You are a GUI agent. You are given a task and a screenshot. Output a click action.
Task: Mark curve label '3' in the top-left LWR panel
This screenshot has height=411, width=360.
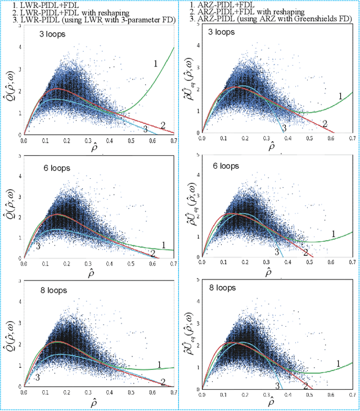[x=145, y=129]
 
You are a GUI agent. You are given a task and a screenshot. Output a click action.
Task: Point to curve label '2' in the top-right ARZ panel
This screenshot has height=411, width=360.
[x=324, y=124]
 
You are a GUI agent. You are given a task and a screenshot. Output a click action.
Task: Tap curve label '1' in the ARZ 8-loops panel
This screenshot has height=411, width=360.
[x=338, y=364]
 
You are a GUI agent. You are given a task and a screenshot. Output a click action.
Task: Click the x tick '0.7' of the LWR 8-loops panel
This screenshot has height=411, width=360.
[x=173, y=391]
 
